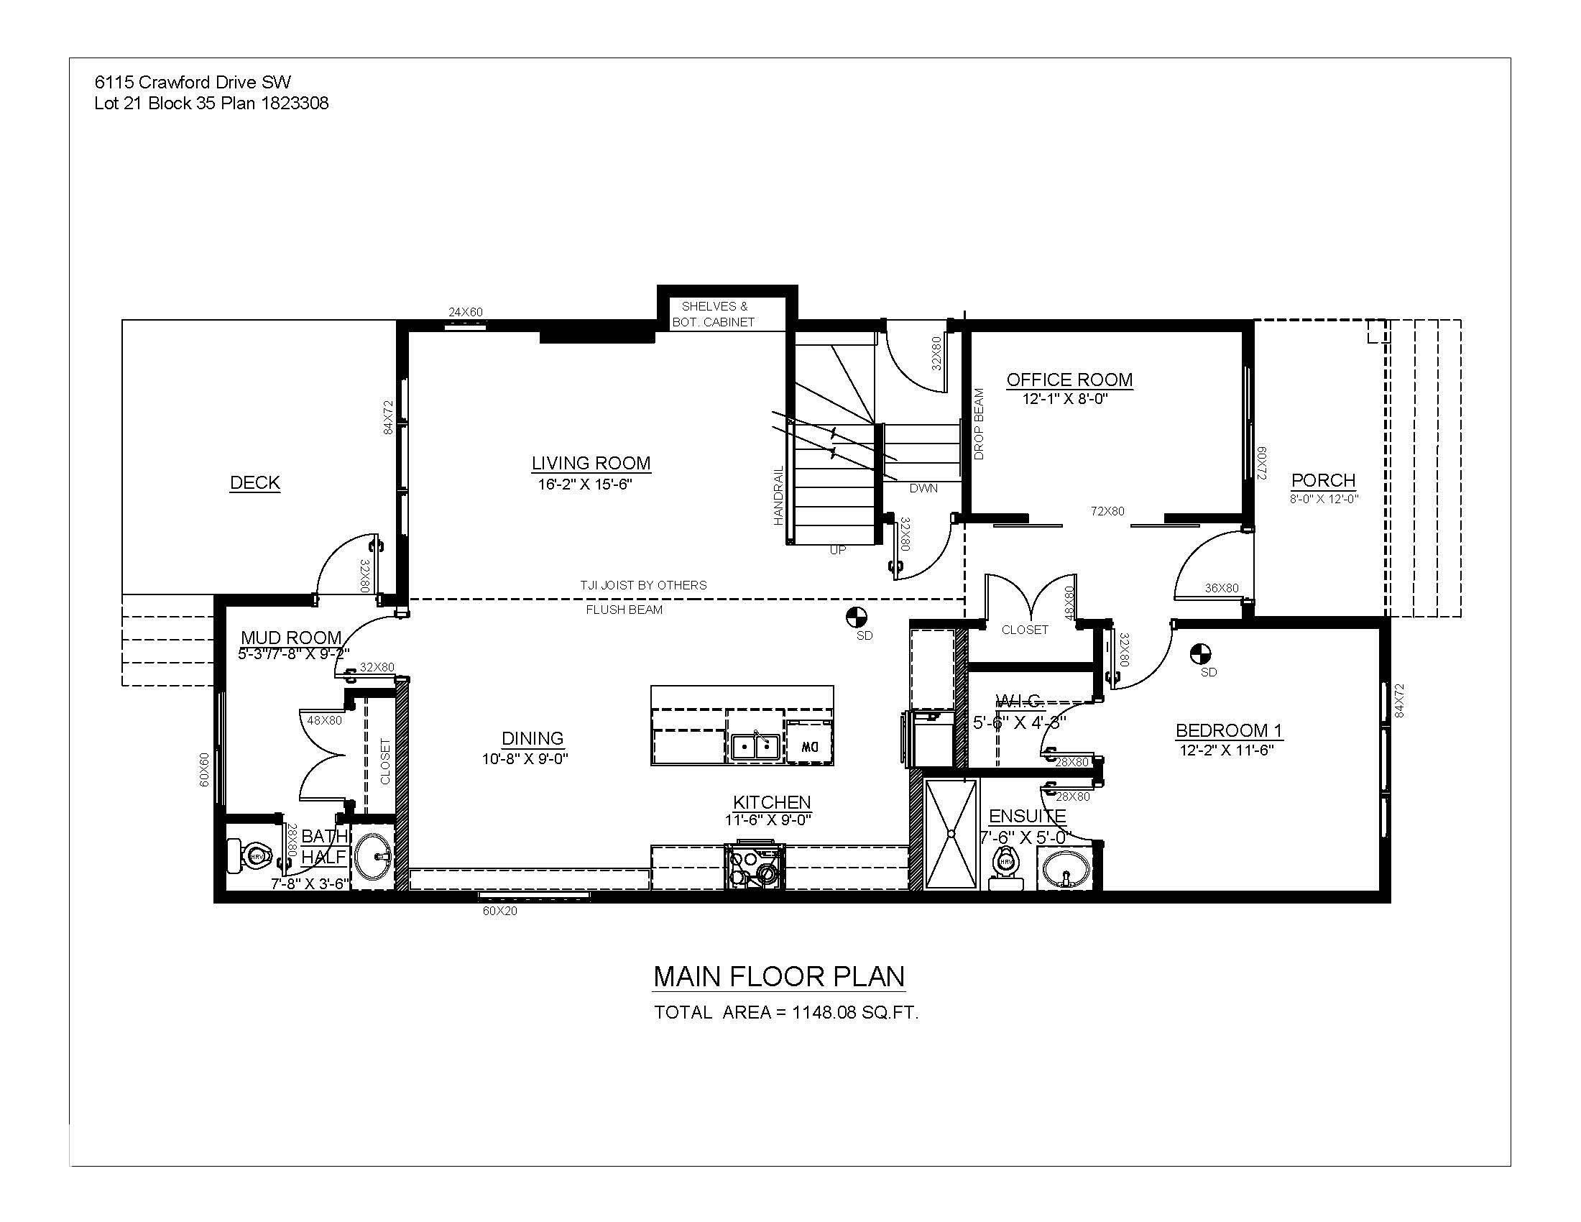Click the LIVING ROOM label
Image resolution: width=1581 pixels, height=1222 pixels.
[591, 464]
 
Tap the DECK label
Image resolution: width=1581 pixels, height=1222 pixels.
[255, 483]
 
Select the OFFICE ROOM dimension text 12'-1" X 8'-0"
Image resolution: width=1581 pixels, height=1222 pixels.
[1066, 399]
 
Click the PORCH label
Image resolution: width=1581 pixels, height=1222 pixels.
[1323, 480]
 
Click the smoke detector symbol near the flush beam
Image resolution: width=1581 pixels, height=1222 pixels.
[856, 617]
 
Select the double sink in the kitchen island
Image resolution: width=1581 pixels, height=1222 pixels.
[755, 745]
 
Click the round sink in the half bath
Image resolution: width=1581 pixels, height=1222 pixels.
[374, 856]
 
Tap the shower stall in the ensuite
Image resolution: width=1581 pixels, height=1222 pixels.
[951, 834]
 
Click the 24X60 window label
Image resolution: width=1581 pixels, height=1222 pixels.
[466, 313]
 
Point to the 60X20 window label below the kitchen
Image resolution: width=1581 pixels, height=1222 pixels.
[500, 911]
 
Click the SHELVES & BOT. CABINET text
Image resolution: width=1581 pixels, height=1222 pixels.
[714, 315]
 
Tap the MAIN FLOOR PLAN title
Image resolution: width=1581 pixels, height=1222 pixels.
[779, 977]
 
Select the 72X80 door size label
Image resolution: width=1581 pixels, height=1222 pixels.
[1107, 511]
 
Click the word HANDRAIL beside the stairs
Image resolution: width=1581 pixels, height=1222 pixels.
[779, 495]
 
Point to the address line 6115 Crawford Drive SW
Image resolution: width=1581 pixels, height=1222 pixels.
[193, 83]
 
